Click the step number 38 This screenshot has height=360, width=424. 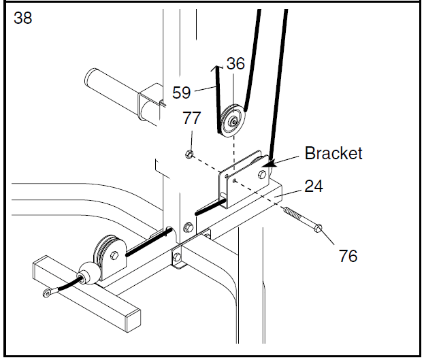click(x=23, y=18)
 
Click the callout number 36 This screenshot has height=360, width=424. click(x=235, y=63)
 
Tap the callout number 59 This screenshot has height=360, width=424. click(x=182, y=93)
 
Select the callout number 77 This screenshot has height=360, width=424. click(x=192, y=118)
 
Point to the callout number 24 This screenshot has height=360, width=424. click(x=314, y=186)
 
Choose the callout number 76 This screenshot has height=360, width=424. click(x=348, y=256)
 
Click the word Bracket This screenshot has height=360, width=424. click(x=333, y=153)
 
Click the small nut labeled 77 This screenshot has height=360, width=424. click(x=189, y=154)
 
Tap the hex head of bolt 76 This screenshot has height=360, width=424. click(x=319, y=229)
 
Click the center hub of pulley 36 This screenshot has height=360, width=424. click(x=233, y=121)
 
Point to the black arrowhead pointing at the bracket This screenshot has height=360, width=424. click(x=269, y=163)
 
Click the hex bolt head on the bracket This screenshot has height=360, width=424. click(x=262, y=175)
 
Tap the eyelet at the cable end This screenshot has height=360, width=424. click(x=48, y=293)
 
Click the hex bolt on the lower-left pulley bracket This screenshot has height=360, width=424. click(x=114, y=255)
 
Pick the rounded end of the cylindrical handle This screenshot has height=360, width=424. click(x=91, y=76)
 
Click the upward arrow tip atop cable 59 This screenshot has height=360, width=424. click(x=216, y=67)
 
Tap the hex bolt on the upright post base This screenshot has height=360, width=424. click(x=189, y=227)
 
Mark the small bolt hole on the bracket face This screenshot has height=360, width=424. click(x=235, y=180)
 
